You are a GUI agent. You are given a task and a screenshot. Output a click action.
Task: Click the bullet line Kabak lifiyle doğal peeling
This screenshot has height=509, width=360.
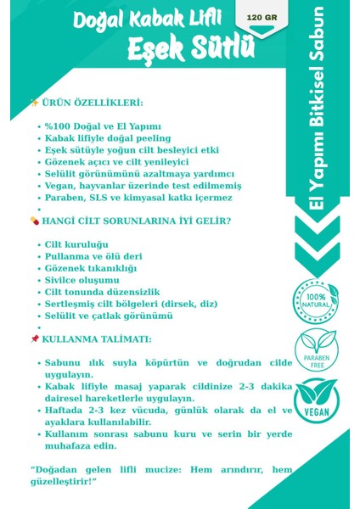(x=108, y=137)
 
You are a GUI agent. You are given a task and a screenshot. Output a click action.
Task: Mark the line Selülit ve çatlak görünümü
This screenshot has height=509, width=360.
(x=108, y=316)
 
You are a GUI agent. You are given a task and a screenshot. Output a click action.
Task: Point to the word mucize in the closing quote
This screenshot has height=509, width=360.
(x=162, y=470)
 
